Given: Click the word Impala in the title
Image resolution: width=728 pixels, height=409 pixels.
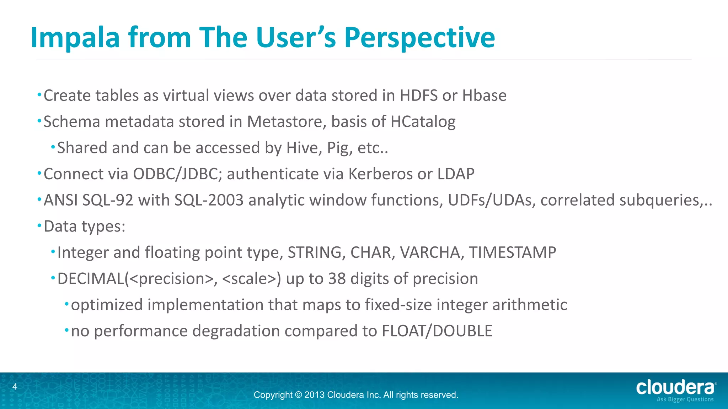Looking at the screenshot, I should (x=75, y=37).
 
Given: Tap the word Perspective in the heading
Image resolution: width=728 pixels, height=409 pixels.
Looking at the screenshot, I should (x=419, y=37).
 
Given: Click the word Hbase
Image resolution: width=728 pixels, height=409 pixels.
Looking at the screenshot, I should (x=484, y=96).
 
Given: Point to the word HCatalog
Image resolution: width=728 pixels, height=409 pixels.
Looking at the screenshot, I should (x=423, y=122).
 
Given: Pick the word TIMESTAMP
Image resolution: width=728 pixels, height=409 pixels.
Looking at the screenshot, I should (x=512, y=252).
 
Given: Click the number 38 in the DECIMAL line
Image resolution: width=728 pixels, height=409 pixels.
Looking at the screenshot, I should (x=337, y=279).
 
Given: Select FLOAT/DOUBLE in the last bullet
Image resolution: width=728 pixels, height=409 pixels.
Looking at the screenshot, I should (x=437, y=331).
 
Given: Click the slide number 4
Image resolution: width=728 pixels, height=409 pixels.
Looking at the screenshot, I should (x=15, y=387).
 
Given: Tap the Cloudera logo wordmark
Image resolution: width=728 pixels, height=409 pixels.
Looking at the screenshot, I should (x=675, y=388).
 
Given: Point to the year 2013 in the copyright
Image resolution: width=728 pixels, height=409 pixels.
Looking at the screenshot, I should (x=314, y=395).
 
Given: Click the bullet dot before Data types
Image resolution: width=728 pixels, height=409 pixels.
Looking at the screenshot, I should (x=39, y=225).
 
